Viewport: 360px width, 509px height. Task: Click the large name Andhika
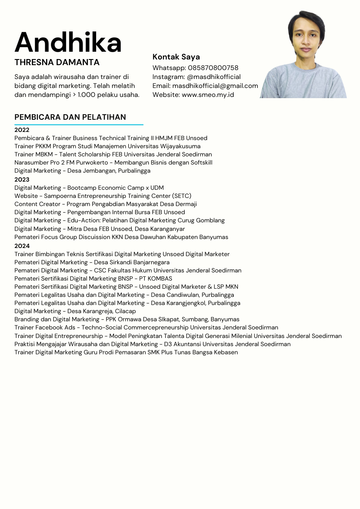tap(68, 42)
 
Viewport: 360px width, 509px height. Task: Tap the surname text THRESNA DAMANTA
tap(57, 62)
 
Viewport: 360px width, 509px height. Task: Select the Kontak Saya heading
tap(176, 57)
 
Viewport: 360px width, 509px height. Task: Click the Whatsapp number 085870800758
tap(213, 68)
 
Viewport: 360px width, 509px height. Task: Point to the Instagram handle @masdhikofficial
tap(214, 77)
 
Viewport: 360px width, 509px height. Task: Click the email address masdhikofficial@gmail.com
tap(215, 86)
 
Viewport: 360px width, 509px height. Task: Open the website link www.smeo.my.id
tap(208, 95)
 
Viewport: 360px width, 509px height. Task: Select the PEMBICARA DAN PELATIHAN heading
tap(70, 117)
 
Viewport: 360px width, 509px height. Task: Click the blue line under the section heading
tap(79, 125)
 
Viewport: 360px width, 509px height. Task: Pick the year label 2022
tap(22, 130)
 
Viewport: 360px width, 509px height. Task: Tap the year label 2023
tap(22, 180)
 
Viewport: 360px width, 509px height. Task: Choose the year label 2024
tap(22, 246)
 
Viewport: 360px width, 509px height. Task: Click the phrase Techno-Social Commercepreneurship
tap(135, 327)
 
